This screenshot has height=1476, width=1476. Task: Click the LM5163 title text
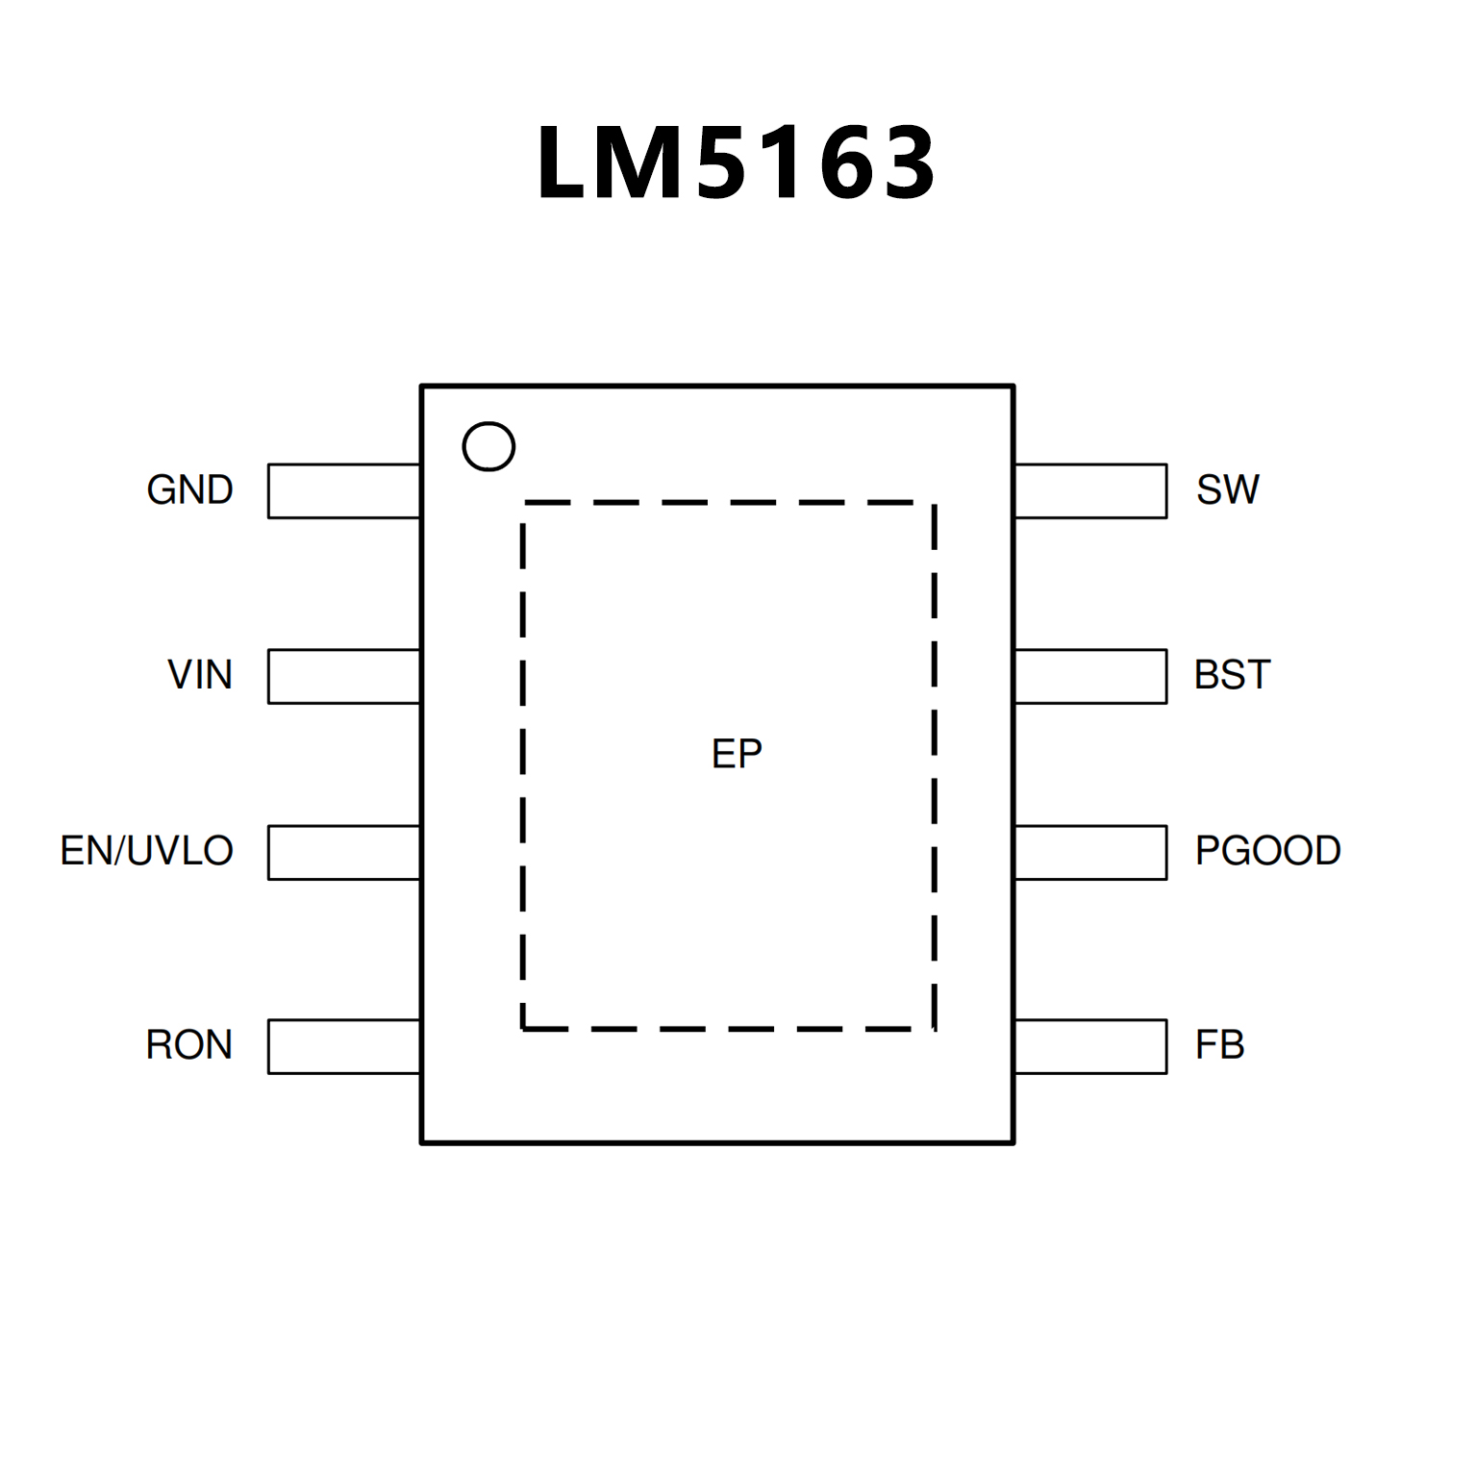tap(736, 163)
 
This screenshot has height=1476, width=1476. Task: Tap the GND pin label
tap(189, 490)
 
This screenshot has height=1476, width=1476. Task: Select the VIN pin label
tap(200, 675)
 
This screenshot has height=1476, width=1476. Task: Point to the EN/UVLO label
tap(147, 851)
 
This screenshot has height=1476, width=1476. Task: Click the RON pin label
tap(189, 1045)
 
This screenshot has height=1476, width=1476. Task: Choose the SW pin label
tap(1227, 490)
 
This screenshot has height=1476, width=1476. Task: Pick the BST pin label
tap(1232, 675)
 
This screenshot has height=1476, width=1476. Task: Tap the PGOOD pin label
tap(1267, 851)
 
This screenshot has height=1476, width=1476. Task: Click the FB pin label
tap(1219, 1045)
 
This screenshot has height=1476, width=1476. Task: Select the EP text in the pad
tap(737, 754)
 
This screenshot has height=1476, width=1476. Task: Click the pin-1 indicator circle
tap(488, 446)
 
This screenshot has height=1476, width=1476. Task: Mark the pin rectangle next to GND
tap(344, 491)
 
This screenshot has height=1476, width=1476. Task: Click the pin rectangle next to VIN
tap(344, 676)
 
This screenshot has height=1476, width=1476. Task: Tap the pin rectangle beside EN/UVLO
tap(344, 852)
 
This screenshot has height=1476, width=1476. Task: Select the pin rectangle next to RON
tap(344, 1046)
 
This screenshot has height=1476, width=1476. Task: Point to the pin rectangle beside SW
tap(1090, 491)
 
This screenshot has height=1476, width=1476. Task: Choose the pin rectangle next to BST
tap(1090, 676)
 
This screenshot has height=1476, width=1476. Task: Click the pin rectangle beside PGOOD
tap(1090, 852)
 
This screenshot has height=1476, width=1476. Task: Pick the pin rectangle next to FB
tap(1090, 1046)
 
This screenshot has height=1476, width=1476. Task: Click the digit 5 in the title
tap(725, 163)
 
